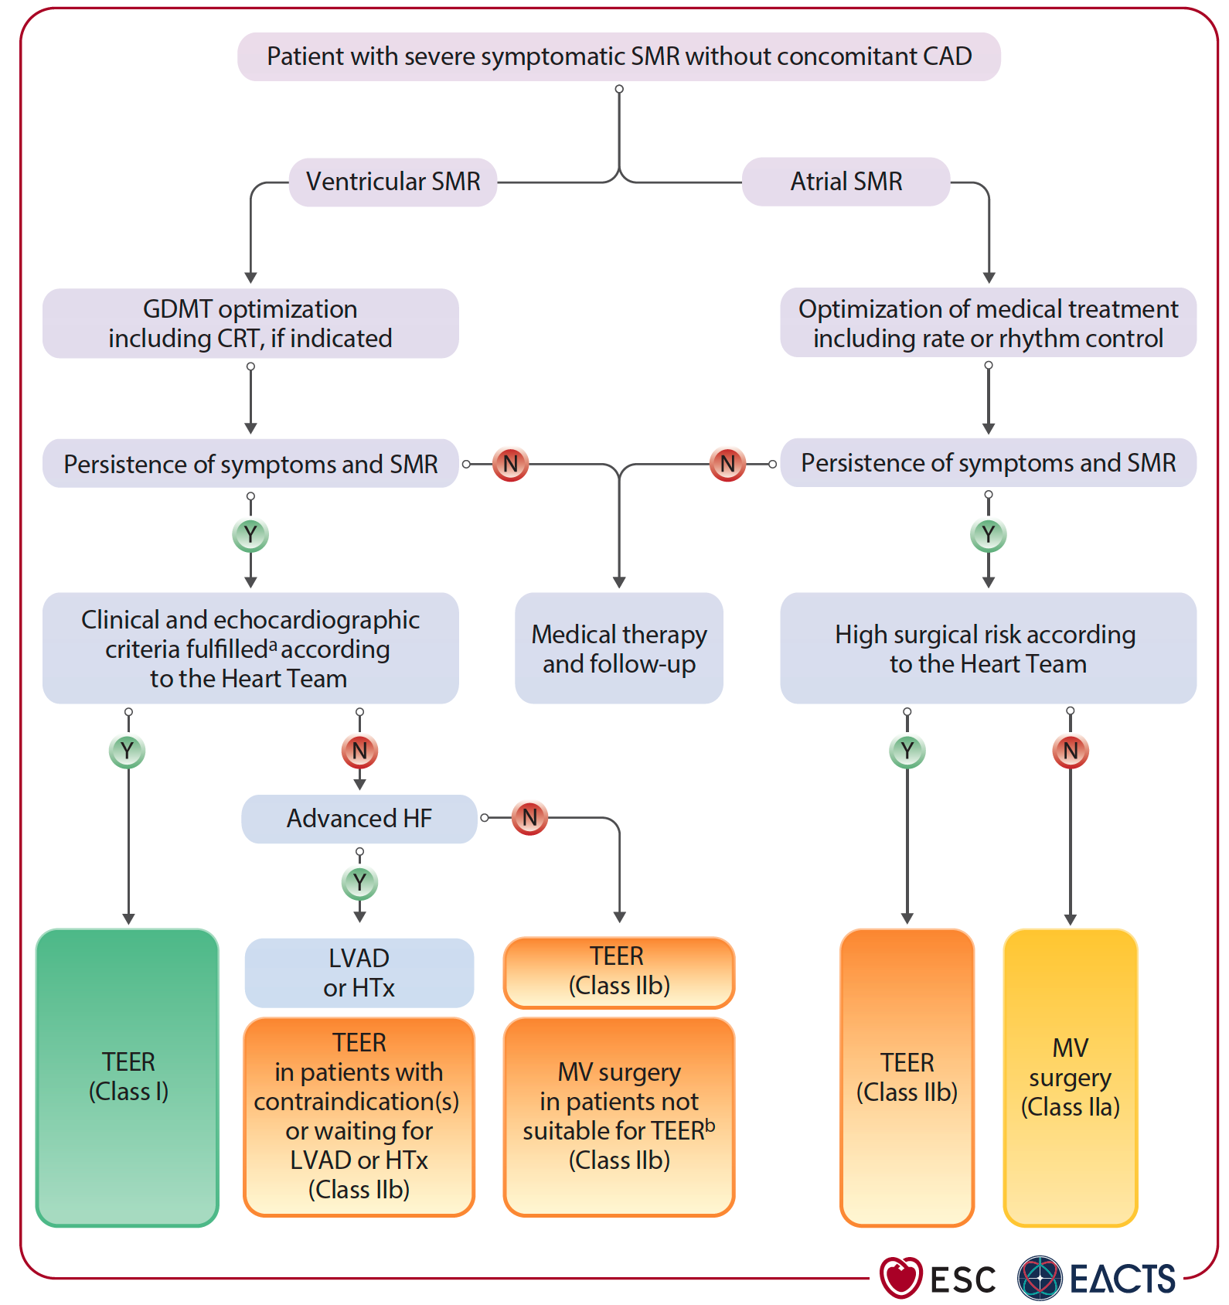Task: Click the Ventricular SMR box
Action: pyautogui.click(x=393, y=182)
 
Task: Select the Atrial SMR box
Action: pyautogui.click(x=846, y=182)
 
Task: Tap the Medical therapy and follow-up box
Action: pyautogui.click(x=618, y=649)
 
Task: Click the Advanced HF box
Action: pyautogui.click(x=359, y=819)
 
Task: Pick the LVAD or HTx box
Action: pyautogui.click(x=359, y=973)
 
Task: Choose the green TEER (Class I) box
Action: pyautogui.click(x=128, y=1077)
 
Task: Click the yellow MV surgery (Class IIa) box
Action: pyautogui.click(x=1070, y=1077)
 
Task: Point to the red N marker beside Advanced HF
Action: pyautogui.click(x=529, y=818)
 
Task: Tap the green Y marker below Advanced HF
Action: pyautogui.click(x=359, y=882)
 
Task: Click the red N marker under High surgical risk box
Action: pyautogui.click(x=1071, y=751)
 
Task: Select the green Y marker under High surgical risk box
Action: pyautogui.click(x=907, y=751)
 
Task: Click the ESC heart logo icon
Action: pyautogui.click(x=900, y=1277)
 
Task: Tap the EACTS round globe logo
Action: pyautogui.click(x=1040, y=1277)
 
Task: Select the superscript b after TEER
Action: pyautogui.click(x=710, y=1125)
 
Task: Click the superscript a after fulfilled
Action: pyautogui.click(x=272, y=646)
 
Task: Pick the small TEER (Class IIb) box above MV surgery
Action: pyautogui.click(x=618, y=972)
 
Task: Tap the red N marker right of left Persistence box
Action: pyautogui.click(x=510, y=465)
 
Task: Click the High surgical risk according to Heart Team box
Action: pyautogui.click(x=988, y=649)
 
